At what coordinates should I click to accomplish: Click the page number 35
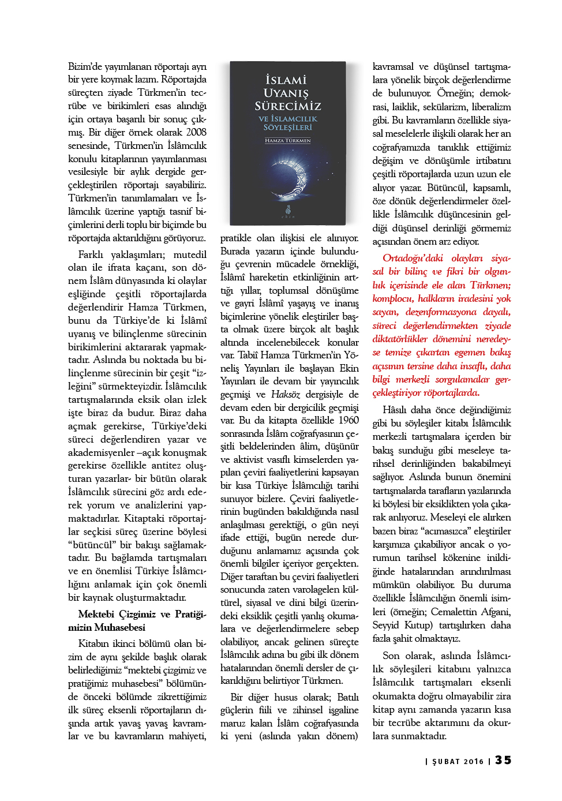[x=503, y=760]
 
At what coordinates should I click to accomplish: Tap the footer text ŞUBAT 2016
[x=458, y=761]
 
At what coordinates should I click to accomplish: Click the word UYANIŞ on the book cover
[x=286, y=93]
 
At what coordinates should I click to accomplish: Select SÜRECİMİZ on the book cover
[x=287, y=106]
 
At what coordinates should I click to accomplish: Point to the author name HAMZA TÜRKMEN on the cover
[x=287, y=140]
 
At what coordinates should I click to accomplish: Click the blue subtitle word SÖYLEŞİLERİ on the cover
[x=287, y=128]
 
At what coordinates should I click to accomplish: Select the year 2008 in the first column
[x=196, y=132]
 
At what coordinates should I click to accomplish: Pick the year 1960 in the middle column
[x=348, y=420]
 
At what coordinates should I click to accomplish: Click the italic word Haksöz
[x=285, y=394]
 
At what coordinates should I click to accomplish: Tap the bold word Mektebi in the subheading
[x=96, y=614]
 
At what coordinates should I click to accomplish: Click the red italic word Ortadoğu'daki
[x=413, y=258]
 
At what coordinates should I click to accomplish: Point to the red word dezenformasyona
[x=441, y=312]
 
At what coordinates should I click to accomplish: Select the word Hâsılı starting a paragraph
[x=394, y=410]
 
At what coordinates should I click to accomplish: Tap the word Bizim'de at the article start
[x=86, y=66]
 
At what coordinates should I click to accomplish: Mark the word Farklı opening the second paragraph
[x=91, y=254]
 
